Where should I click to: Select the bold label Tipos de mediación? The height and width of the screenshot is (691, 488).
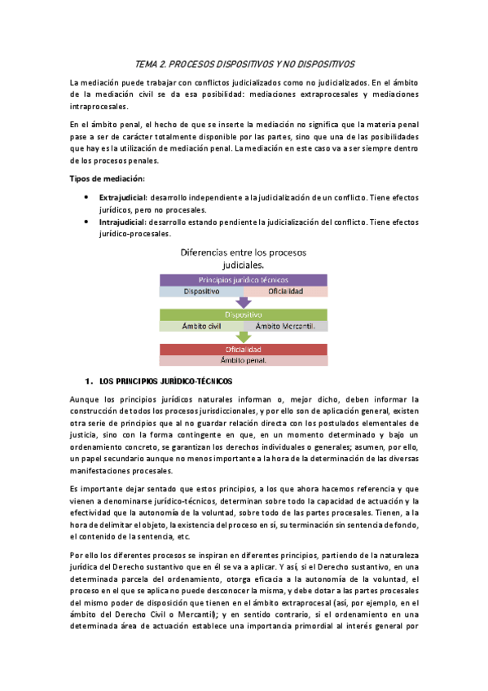pos(108,178)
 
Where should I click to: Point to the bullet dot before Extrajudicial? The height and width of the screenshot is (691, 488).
pos(87,198)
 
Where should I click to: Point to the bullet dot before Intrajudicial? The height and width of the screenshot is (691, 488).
pos(87,221)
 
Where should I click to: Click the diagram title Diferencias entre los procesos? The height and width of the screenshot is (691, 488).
pos(244,253)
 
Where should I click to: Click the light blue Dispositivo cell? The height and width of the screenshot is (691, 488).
pos(200,291)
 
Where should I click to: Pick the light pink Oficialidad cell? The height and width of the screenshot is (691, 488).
pos(286,291)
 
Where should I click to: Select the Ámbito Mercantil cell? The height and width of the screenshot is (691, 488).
pos(286,326)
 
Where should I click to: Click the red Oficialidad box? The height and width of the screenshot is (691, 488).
pos(244,350)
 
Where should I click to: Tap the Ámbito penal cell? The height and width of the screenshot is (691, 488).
pos(244,360)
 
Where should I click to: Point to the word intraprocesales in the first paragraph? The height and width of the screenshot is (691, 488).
pos(99,107)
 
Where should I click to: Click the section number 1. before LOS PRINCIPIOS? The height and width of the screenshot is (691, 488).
pos(88,381)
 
